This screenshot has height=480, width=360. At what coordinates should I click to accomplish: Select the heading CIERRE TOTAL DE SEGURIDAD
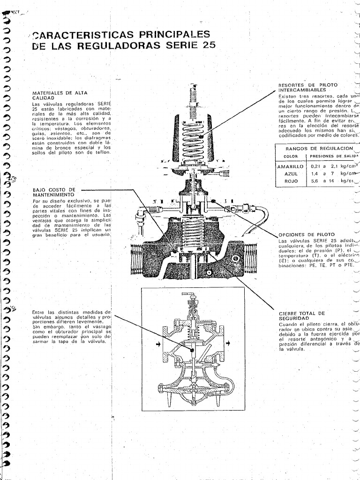coord(301,315)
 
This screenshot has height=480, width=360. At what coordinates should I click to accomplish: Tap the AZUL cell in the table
coord(292,173)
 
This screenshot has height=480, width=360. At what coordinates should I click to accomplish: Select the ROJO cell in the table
coord(292,181)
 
